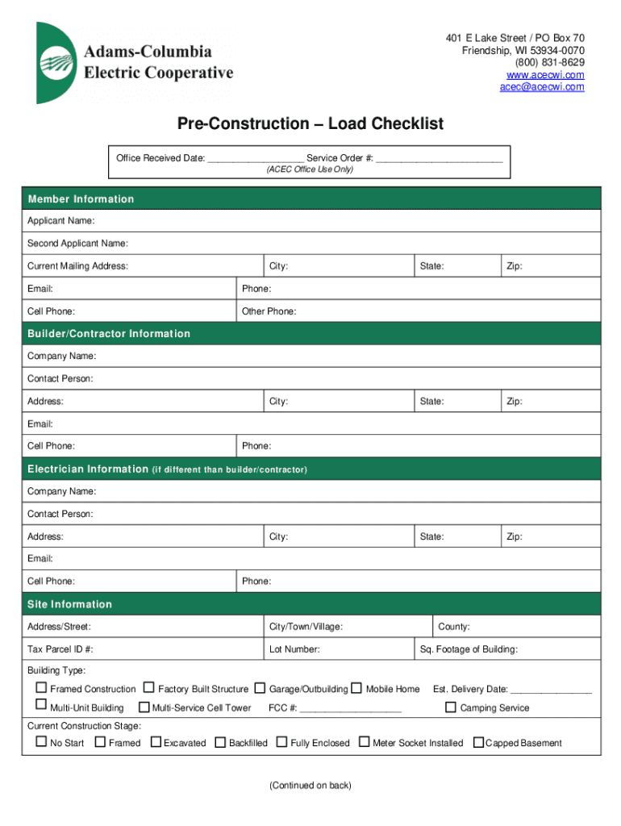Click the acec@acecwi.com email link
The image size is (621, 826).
(x=541, y=87)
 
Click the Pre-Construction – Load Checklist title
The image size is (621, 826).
(x=310, y=123)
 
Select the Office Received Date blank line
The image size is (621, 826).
(x=255, y=159)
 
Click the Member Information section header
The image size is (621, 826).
(x=81, y=199)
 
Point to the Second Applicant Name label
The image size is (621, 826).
(x=77, y=244)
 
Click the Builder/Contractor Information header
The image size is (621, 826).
(x=109, y=334)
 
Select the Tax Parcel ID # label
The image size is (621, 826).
(x=60, y=649)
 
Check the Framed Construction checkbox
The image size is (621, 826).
(x=41, y=688)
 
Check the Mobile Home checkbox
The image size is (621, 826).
(x=356, y=688)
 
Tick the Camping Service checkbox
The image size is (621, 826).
(x=452, y=707)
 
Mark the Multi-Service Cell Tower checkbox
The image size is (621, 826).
(x=144, y=707)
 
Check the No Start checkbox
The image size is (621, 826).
(x=41, y=742)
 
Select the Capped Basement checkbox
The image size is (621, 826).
(x=478, y=742)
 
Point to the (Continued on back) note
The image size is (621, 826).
(x=310, y=786)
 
